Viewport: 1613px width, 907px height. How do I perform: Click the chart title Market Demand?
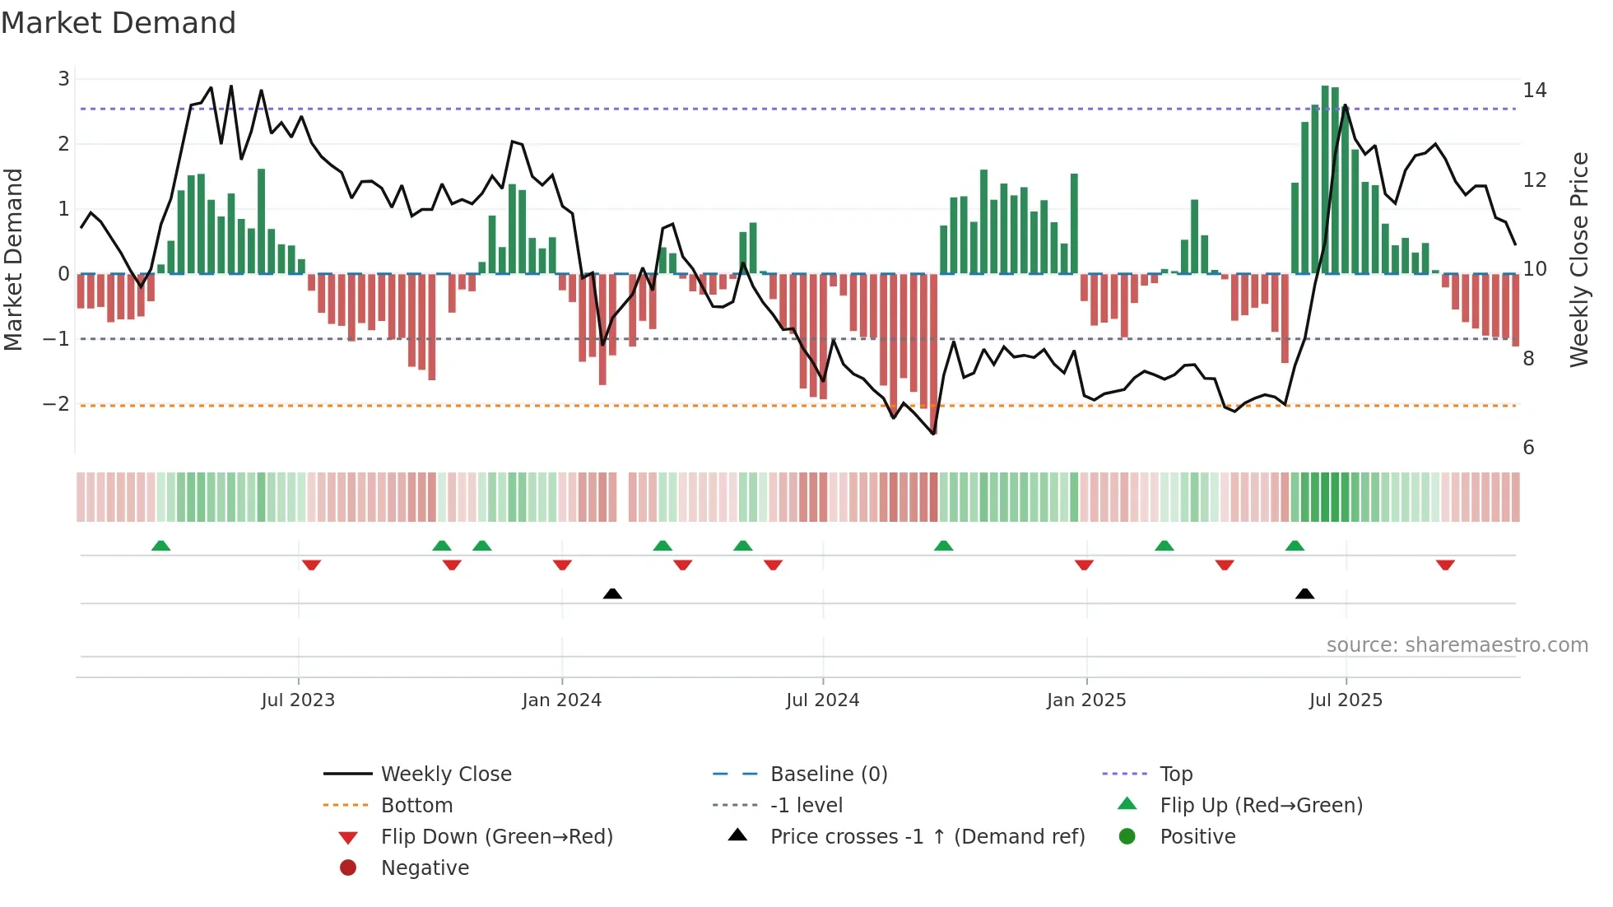tap(119, 23)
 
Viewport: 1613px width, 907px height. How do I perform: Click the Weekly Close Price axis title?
tap(1578, 259)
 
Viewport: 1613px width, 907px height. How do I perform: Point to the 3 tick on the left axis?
tap(63, 79)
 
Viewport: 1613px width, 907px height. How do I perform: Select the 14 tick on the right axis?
tap(1534, 91)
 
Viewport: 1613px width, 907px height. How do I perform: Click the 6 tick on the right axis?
tap(1528, 448)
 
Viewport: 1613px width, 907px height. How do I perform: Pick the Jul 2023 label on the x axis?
tap(298, 700)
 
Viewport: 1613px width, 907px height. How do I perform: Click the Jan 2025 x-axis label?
tap(1086, 700)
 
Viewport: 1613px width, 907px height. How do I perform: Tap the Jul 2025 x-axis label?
tap(1346, 700)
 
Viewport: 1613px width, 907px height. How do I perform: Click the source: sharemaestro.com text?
tap(1457, 645)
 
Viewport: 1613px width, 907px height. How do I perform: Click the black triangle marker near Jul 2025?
tap(1304, 593)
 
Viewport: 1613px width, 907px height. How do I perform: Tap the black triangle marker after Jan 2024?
tap(612, 593)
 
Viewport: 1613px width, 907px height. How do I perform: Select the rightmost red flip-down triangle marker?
tap(1445, 565)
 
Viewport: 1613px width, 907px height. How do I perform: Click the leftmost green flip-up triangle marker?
tap(161, 546)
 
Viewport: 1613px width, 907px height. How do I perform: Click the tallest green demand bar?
tap(1325, 179)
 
